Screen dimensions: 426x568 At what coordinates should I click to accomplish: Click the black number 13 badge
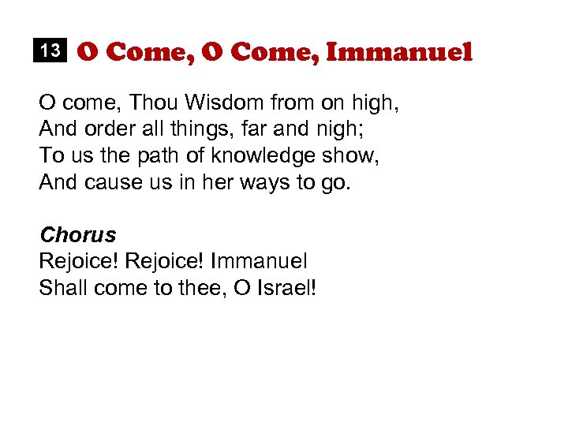pyautogui.click(x=50, y=51)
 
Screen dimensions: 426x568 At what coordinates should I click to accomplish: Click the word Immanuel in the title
pyautogui.click(x=398, y=52)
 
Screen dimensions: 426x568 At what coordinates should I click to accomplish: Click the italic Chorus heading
pyautogui.click(x=77, y=234)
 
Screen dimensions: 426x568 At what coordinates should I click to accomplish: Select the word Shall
pyautogui.click(x=63, y=286)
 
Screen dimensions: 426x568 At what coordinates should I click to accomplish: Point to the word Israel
pyautogui.click(x=286, y=286)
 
